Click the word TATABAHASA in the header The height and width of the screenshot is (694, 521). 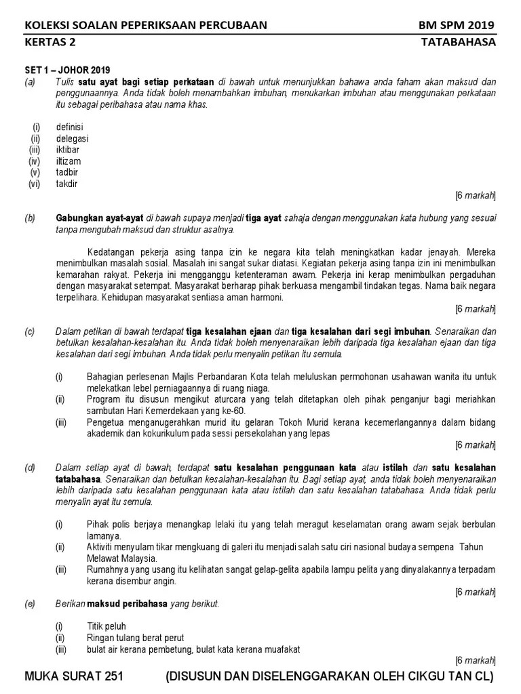[x=459, y=42]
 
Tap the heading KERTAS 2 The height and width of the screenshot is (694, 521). [x=50, y=42]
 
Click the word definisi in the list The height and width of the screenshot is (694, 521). [x=70, y=127]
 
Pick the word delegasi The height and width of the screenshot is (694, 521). [x=72, y=138]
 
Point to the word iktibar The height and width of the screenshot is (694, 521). [x=69, y=150]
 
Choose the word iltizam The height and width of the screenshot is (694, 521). [x=69, y=161]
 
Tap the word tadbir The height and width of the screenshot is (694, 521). [x=68, y=173]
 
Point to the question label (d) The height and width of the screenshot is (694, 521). [x=30, y=468]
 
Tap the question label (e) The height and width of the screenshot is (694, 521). [x=30, y=603]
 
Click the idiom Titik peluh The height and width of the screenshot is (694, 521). [x=107, y=626]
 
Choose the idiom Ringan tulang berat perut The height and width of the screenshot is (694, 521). [x=135, y=638]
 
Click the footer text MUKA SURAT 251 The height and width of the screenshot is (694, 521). [x=74, y=677]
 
